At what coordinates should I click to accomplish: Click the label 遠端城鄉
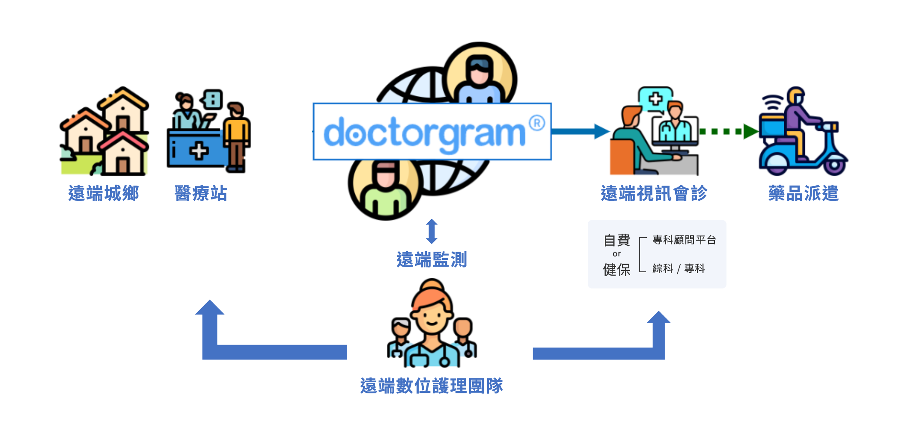[x=104, y=193]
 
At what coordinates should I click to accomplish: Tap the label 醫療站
[x=201, y=193]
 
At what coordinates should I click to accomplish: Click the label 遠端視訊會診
[x=654, y=193]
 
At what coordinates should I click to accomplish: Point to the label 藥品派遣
[x=803, y=193]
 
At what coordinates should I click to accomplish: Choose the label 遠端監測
[x=432, y=260]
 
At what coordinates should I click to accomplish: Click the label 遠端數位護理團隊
[x=432, y=386]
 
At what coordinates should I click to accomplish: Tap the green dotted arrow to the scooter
[x=728, y=131]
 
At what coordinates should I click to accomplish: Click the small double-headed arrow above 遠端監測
[x=432, y=231]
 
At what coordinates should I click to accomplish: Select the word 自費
[x=617, y=240]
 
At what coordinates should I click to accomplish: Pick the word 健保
[x=617, y=270]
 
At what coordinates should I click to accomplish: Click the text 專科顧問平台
[x=684, y=240]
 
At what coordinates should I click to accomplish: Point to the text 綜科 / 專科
[x=679, y=269]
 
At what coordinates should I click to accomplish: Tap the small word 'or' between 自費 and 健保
[x=616, y=254]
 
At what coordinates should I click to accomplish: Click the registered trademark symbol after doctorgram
[x=537, y=123]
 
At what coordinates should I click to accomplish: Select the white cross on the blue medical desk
[x=199, y=151]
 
